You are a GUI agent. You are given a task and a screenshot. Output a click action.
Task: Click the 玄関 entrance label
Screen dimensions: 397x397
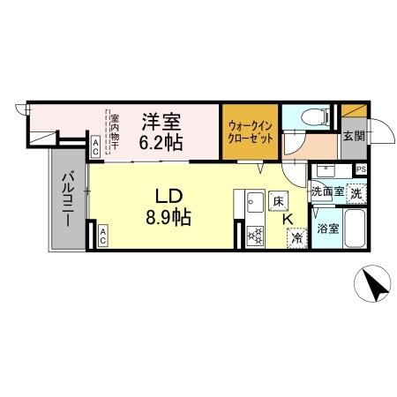[352, 137]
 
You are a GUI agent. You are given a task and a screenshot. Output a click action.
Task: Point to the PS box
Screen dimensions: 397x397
[361, 169]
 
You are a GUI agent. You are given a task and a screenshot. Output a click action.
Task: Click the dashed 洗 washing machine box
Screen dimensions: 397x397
[356, 191]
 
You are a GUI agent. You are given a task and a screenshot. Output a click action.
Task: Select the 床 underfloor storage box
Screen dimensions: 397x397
[278, 202]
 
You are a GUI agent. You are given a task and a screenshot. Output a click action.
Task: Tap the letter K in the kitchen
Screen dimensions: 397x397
[288, 222]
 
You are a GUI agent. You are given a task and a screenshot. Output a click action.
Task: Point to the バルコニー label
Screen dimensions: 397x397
[67, 201]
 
